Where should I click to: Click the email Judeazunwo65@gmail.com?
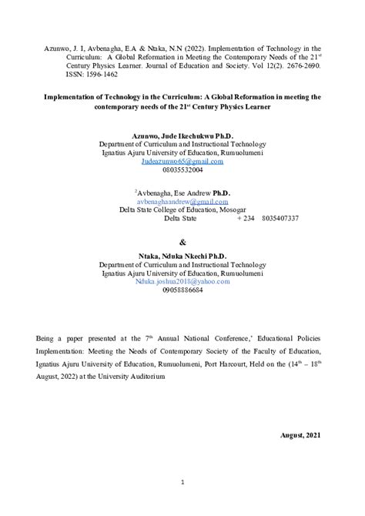point(182,162)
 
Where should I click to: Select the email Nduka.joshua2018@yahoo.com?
point(182,282)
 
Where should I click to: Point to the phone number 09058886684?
point(182,291)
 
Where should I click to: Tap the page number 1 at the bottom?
point(182,482)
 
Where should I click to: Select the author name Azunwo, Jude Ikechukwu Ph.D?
point(182,134)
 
